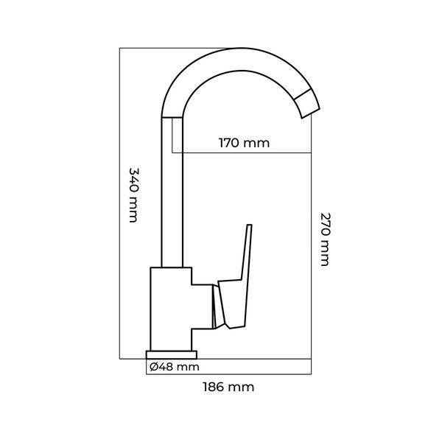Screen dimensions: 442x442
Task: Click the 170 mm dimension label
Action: (x=244, y=143)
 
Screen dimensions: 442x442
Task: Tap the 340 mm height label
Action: (x=134, y=195)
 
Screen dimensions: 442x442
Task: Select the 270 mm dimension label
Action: (x=325, y=239)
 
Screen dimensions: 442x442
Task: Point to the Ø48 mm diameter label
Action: (x=175, y=367)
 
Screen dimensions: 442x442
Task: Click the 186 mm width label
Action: (x=228, y=387)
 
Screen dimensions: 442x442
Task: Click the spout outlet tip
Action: (x=311, y=113)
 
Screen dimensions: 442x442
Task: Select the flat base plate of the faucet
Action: (x=172, y=355)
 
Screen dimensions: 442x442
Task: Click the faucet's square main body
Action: (x=171, y=309)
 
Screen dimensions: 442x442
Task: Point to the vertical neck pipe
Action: (x=172, y=192)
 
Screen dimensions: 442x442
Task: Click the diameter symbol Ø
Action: (x=154, y=367)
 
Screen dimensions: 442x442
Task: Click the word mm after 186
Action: (x=241, y=388)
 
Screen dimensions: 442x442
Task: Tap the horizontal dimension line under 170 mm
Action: (x=242, y=153)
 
